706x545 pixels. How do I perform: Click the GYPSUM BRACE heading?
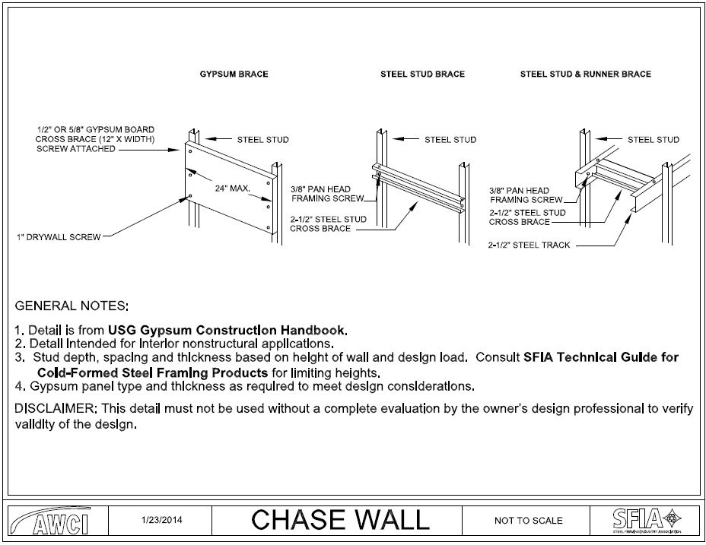click(x=234, y=74)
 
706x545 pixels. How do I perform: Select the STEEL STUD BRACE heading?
click(x=422, y=74)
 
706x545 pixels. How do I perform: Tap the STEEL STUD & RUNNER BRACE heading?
click(x=585, y=74)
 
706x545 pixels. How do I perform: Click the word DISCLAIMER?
click(x=54, y=409)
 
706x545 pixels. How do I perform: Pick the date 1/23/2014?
click(x=162, y=521)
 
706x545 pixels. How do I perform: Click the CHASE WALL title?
click(x=340, y=520)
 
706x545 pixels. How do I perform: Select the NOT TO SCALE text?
click(x=528, y=521)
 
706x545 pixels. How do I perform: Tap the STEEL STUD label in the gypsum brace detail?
click(x=262, y=140)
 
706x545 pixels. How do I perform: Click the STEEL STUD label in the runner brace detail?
click(x=653, y=140)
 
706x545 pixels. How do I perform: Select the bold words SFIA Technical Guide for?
click(x=601, y=356)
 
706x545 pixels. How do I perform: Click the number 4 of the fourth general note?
click(x=18, y=385)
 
